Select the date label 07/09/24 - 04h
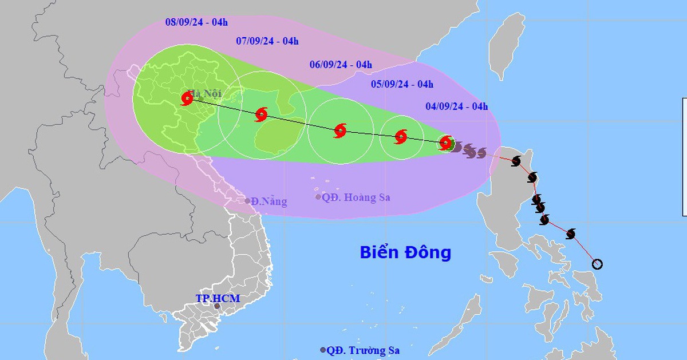coord(267,41)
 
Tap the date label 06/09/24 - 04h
coord(341,65)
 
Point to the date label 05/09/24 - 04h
coord(402,85)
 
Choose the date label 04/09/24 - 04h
coord(457,106)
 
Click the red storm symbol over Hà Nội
coord(187,99)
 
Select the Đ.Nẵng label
coord(269,201)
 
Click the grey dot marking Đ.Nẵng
coord(248,201)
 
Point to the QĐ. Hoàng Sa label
coord(356,197)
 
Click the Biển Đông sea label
coord(405,252)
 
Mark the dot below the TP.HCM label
coord(217,307)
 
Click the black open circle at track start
coord(597,264)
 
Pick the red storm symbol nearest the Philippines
coord(445,143)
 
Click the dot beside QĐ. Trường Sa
coord(323,350)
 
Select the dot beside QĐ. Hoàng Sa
coord(318,197)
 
